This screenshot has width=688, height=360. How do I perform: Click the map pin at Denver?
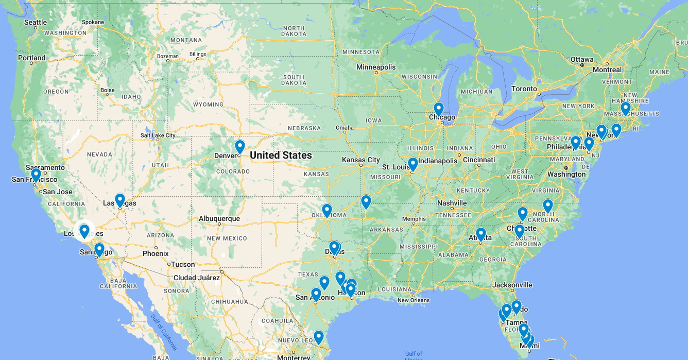(239, 147)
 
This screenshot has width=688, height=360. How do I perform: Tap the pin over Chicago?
(438, 109)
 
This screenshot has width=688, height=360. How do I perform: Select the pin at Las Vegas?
(120, 200)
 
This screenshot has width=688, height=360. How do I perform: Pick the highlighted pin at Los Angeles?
(84, 231)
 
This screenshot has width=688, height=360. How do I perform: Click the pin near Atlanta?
(481, 234)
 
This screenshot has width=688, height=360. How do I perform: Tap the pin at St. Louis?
(412, 164)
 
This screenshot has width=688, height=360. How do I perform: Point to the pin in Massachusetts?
(625, 109)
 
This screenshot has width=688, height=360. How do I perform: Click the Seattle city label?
(36, 22)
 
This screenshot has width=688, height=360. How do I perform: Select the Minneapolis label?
(376, 67)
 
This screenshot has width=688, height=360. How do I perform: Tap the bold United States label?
(281, 155)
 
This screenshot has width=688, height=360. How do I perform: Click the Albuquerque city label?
(219, 218)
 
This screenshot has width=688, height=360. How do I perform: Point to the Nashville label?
(452, 203)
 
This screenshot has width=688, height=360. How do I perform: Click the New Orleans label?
(414, 300)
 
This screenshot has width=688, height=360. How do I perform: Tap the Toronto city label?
(524, 89)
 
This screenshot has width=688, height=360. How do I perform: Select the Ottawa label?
(582, 59)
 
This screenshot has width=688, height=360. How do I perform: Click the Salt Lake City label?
(158, 135)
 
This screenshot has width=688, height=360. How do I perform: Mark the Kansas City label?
(361, 160)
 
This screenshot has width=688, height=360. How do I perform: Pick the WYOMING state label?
(208, 104)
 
